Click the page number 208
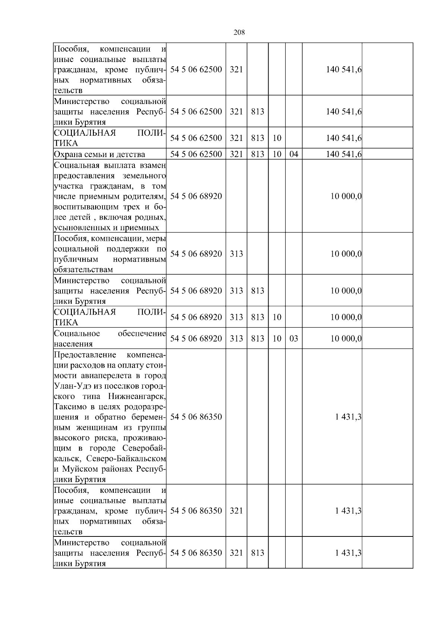239,32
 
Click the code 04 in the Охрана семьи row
294,154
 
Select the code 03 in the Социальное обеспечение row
294,338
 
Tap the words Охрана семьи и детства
99,154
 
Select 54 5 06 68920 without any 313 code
196,196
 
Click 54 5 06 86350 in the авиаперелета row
196,417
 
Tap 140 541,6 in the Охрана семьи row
344,154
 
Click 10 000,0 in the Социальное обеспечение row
346,338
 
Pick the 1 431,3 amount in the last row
348,553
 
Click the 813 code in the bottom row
257,553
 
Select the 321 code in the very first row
236,69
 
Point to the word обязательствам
83,270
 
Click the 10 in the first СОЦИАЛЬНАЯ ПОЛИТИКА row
277,138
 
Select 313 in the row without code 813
236,254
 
